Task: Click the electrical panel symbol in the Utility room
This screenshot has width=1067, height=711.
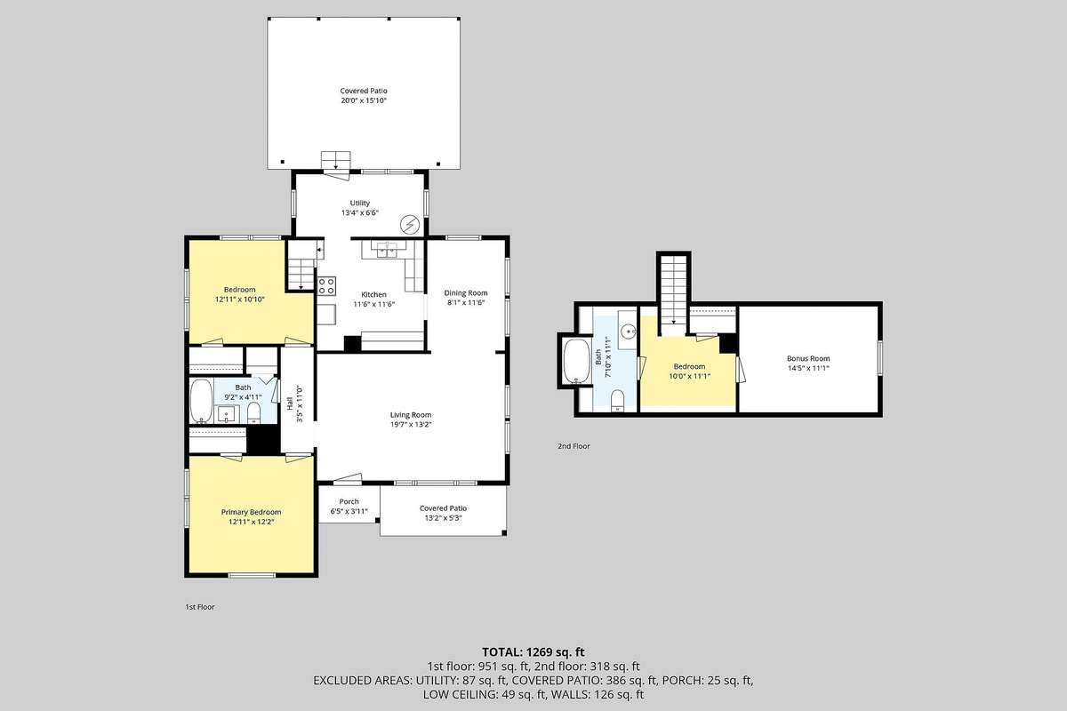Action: coord(410,224)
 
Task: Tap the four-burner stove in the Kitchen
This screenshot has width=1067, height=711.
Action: coord(327,285)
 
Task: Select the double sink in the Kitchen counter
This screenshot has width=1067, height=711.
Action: coord(387,250)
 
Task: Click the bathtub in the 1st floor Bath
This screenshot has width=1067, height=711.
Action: coord(201,401)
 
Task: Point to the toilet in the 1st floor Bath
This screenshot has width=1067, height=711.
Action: coord(254,412)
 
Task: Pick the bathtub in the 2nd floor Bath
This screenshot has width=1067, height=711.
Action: coord(576,361)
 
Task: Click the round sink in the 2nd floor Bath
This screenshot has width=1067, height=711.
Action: coord(630,330)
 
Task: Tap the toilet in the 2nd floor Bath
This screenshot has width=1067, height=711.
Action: coord(617,400)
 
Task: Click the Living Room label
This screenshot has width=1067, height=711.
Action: coord(411,415)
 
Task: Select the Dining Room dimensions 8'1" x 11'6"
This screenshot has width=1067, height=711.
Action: coord(465,302)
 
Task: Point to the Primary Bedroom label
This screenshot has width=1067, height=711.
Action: coord(251,512)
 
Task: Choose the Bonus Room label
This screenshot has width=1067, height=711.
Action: coord(808,358)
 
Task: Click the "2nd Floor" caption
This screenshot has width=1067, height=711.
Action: coord(574,446)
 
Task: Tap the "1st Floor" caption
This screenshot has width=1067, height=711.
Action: coord(199,607)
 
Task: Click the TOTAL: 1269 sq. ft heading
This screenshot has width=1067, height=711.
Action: coord(533,652)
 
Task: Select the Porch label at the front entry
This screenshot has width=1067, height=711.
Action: coord(349,501)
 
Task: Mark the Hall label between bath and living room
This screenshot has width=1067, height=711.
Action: coord(290,404)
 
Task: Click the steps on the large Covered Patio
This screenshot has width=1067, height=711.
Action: coord(336,161)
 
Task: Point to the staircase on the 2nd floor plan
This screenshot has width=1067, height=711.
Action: coord(674,290)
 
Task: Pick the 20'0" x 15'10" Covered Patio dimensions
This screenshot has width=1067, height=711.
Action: coord(364,100)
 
